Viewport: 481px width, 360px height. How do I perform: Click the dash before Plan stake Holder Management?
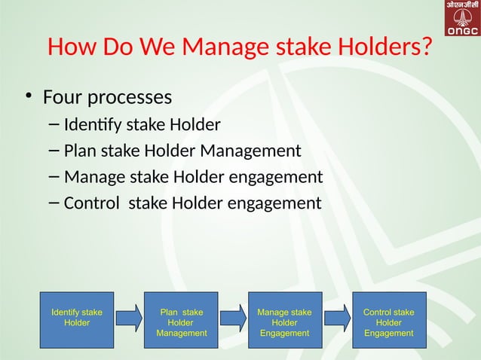53,151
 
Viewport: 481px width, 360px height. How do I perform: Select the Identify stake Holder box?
77,319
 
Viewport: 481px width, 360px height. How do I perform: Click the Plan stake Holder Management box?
181,319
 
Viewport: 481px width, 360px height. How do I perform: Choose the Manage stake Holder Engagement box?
284,319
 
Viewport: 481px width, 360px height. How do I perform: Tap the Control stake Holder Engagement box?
388,319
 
